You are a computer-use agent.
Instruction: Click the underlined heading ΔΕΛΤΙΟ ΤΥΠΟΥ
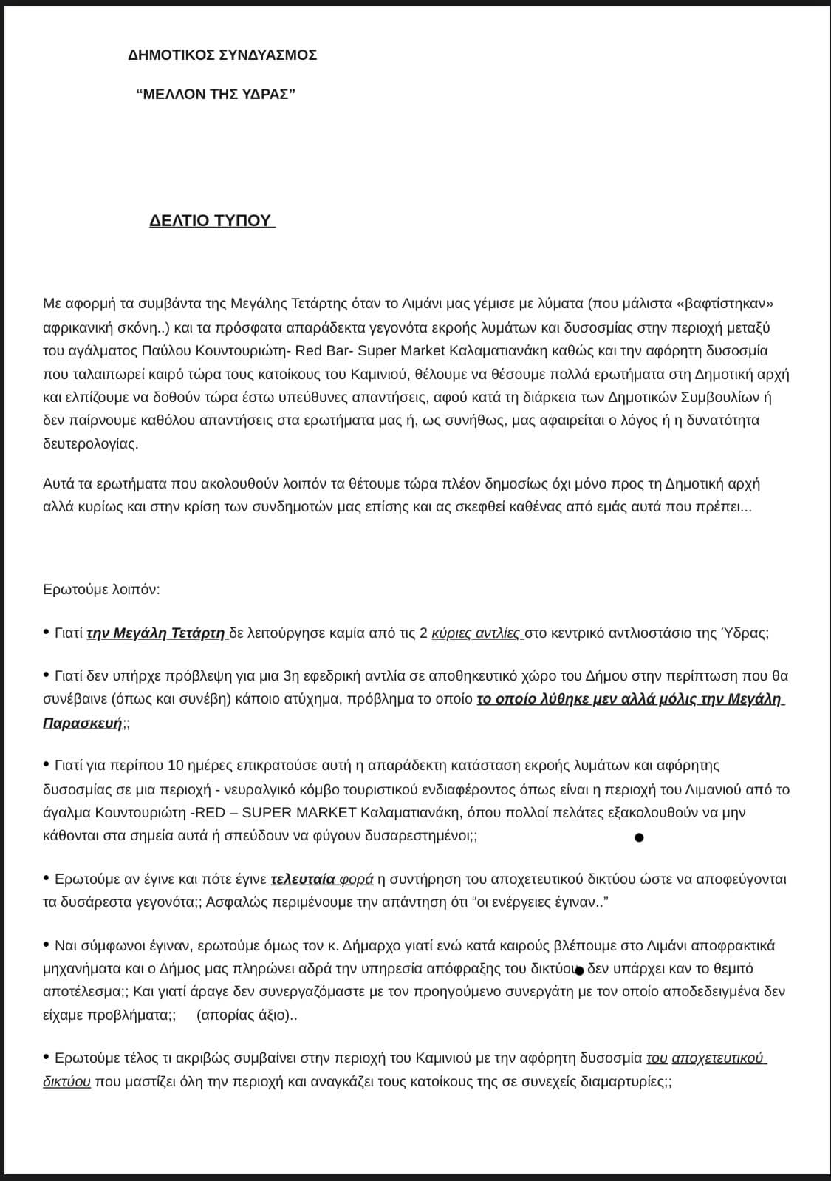coord(211,221)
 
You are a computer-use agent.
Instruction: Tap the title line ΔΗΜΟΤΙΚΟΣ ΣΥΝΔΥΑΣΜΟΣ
coord(222,55)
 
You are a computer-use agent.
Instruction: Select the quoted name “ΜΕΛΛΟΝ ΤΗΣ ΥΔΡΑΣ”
coord(216,94)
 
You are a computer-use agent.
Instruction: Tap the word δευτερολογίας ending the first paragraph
coord(89,444)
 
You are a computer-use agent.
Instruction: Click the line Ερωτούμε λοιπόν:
coord(101,590)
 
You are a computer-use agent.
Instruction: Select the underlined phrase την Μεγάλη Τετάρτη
coord(156,633)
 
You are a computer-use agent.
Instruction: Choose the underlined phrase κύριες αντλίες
coord(476,633)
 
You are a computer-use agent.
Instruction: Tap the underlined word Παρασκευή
coord(82,724)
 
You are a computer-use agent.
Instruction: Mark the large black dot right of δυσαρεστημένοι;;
coord(639,837)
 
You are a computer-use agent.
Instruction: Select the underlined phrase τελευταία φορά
coord(322,879)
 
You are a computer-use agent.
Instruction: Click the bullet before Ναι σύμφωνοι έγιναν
coord(47,944)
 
